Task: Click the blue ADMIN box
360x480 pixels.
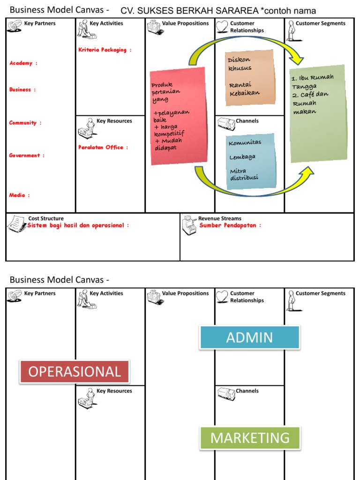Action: (x=249, y=337)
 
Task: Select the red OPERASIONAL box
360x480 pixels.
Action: (x=75, y=372)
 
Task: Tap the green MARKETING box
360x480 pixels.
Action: (x=250, y=438)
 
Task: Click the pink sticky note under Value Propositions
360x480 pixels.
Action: (x=178, y=116)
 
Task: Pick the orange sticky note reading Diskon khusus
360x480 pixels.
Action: (x=249, y=77)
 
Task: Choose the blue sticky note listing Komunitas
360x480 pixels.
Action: (x=250, y=161)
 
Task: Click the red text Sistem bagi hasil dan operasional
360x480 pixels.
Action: (x=78, y=225)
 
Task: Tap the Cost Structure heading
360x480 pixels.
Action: (x=46, y=218)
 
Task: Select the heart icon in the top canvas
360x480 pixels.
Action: (x=222, y=27)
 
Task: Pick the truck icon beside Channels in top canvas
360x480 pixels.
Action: (x=226, y=124)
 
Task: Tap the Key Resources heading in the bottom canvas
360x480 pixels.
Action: (x=114, y=391)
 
